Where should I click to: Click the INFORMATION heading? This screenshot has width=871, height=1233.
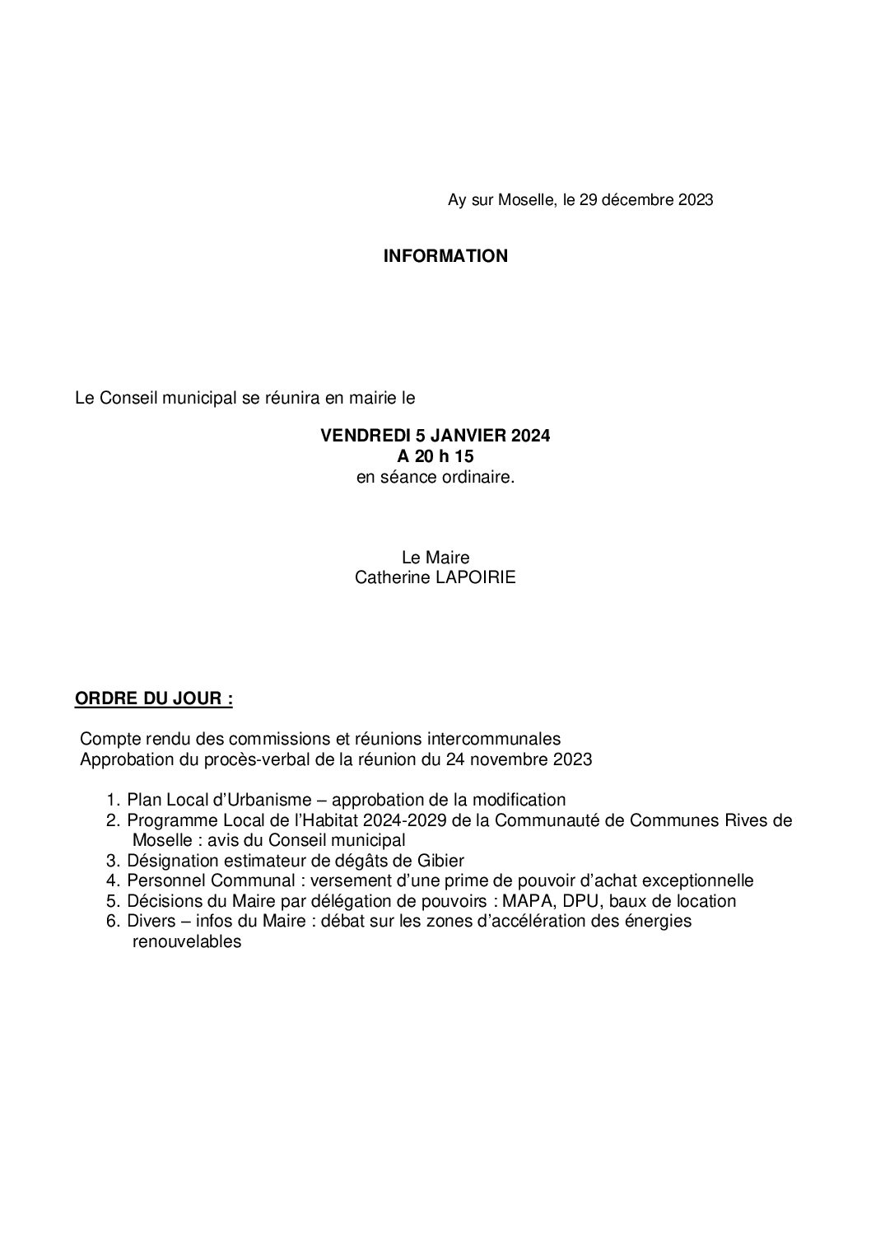tap(445, 256)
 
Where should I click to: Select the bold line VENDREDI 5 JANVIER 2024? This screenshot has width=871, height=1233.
tap(435, 436)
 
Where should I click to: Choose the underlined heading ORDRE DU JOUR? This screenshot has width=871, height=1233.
tap(153, 699)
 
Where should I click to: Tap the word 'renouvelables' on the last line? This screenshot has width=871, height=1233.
tap(187, 941)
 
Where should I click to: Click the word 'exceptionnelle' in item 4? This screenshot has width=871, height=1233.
tap(702, 880)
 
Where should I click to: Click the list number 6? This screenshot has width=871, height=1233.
tap(113, 921)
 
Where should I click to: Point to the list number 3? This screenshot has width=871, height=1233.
tap(113, 861)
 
